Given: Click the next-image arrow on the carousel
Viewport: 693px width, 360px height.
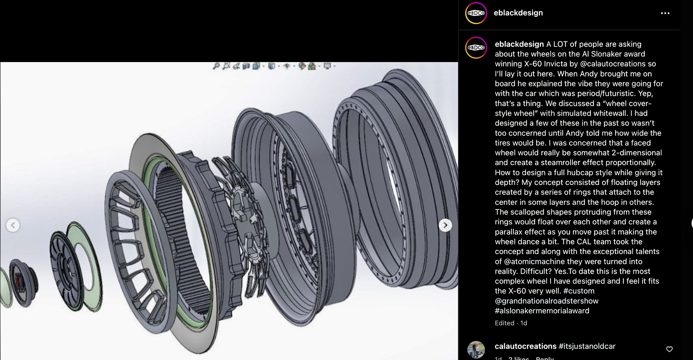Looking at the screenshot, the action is (445, 225).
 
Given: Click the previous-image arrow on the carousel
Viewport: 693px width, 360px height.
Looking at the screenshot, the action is (13, 225).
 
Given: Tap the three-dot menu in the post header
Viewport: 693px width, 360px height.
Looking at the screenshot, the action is (665, 13).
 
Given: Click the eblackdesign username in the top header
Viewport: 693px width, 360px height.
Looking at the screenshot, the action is (518, 13).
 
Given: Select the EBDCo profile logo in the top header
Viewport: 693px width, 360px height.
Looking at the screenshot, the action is (476, 13).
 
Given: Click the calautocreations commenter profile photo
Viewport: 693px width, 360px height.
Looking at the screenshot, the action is (476, 350).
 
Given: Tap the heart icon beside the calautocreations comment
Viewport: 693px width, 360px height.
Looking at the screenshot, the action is (669, 349).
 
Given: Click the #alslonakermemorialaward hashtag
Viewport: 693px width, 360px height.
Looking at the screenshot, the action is (542, 311).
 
